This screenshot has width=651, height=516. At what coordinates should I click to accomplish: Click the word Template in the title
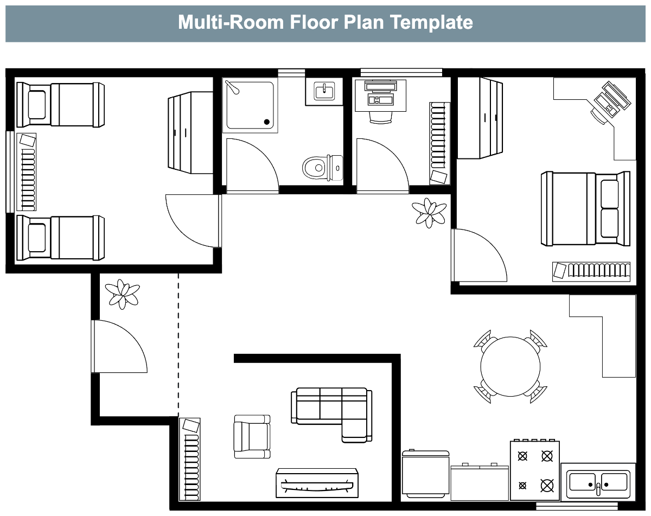point(431,22)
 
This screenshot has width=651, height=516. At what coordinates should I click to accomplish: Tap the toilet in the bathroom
point(322,167)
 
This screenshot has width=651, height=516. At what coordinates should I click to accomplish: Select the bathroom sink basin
point(324,91)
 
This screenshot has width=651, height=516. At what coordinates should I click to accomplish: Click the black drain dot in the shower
point(266,122)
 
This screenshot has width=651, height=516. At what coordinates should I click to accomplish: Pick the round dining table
point(510,366)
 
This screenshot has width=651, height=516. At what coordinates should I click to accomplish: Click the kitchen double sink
point(598,482)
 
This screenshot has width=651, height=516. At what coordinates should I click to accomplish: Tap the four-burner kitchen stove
point(534,470)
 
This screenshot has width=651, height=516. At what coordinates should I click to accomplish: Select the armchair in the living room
point(252,436)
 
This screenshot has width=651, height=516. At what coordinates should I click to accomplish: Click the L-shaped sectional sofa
point(331,415)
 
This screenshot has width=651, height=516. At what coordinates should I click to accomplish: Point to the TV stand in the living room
point(317,483)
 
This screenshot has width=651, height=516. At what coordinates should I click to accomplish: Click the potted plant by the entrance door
point(122,294)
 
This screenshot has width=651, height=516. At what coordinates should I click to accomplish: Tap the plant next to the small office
point(429,213)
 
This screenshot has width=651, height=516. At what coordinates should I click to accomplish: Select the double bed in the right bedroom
point(585,208)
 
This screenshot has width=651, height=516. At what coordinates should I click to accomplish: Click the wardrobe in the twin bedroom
point(190,132)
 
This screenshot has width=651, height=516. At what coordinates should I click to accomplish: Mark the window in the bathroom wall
point(291,73)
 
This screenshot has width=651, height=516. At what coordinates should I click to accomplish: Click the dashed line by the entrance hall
point(178,345)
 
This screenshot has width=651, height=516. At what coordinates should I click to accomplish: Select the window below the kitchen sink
point(577,506)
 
